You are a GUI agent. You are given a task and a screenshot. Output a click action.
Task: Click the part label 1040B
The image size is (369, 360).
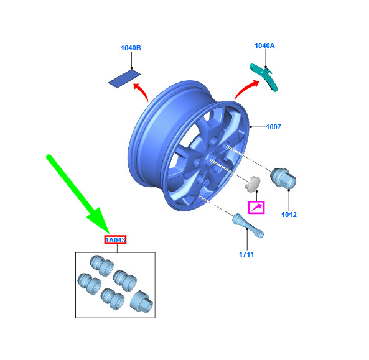coord(131,48)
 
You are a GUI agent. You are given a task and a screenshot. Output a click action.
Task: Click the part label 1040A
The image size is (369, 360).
coord(264,45)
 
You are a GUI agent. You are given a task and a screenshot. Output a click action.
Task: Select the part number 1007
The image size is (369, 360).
coord(274,127)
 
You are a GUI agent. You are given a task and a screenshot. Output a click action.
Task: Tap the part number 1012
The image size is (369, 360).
coord(289,215)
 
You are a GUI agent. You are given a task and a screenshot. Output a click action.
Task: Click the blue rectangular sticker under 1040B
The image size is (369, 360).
coord(125,79)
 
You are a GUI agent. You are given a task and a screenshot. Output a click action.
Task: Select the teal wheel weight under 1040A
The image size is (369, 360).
coord(264,75)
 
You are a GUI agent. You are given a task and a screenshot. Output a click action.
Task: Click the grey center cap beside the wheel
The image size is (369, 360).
coord(251,185)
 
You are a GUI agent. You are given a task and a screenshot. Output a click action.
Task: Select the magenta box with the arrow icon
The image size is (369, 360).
coord(256,206)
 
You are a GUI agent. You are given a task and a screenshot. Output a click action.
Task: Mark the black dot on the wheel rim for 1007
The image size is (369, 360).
coord(250,127)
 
